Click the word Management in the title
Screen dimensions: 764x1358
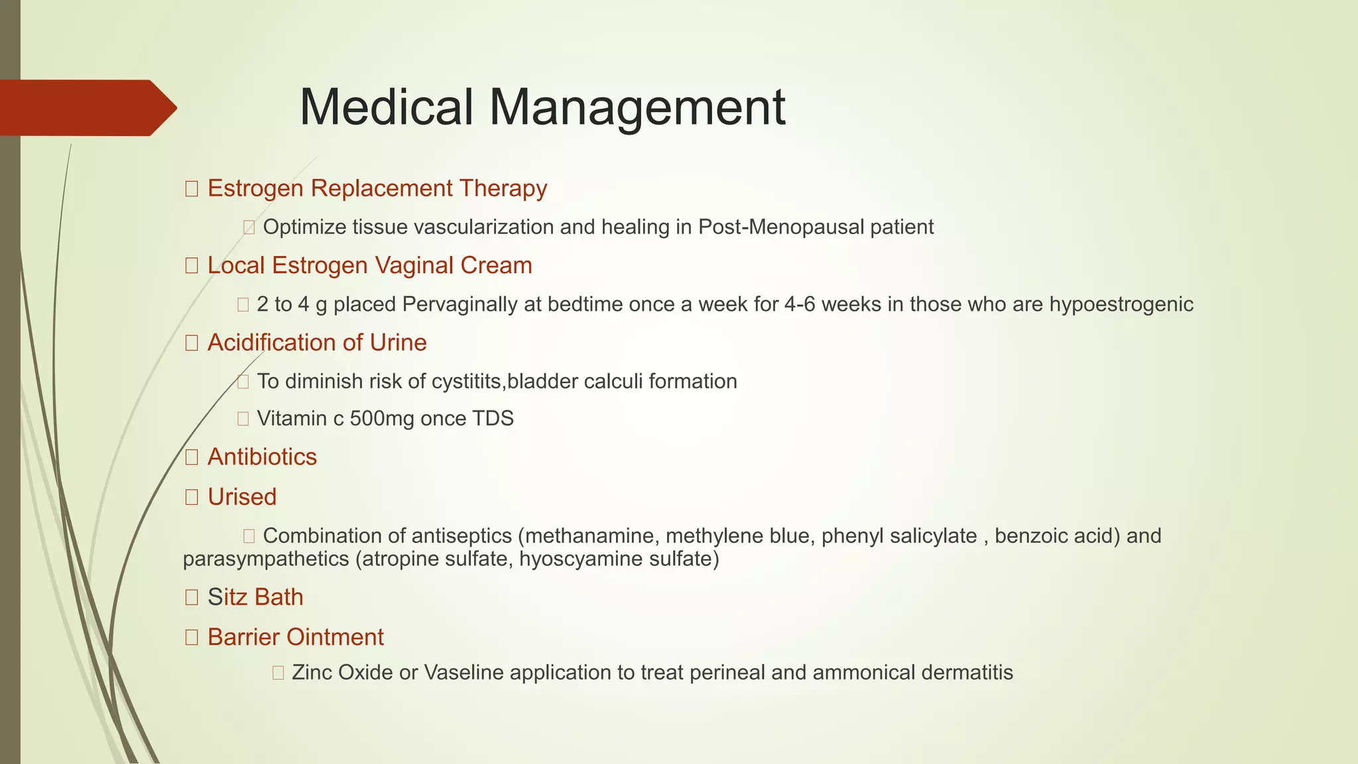click(637, 107)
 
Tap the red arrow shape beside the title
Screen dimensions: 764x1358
click(86, 108)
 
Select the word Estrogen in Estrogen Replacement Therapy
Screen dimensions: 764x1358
click(255, 188)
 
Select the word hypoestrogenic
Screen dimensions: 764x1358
click(1121, 304)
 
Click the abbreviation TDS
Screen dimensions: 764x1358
click(493, 418)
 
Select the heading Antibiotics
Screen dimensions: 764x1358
click(262, 457)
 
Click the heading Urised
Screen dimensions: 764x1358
click(242, 497)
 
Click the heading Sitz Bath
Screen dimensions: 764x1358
click(255, 597)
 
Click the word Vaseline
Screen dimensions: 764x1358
click(463, 672)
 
